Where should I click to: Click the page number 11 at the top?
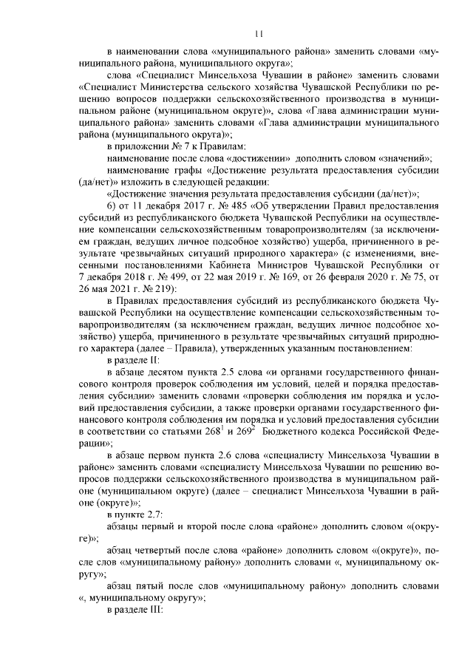(x=258, y=33)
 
